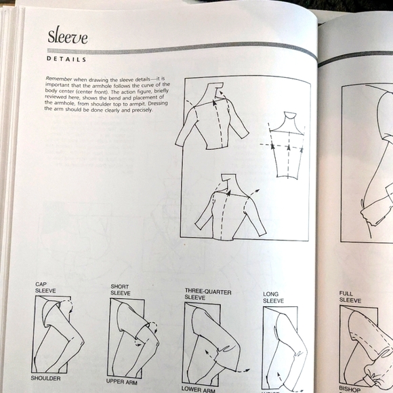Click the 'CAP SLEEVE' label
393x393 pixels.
(46, 289)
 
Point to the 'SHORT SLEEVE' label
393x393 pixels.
(120, 290)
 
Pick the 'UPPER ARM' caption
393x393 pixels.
(122, 381)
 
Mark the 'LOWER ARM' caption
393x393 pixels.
(199, 388)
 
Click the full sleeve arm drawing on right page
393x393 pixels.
(366, 346)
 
